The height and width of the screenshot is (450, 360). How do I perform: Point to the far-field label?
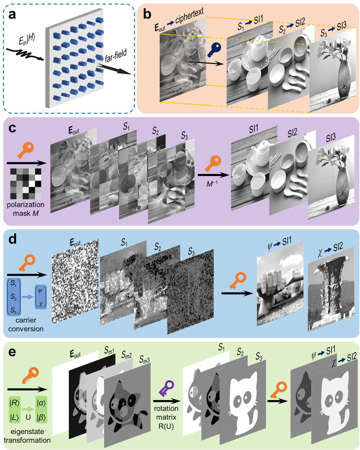pos(115,56)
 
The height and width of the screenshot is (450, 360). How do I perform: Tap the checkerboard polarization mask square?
pos(26,184)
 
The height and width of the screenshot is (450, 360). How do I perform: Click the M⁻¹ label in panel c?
pos(212,184)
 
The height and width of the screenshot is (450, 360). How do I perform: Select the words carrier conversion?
pos(26,324)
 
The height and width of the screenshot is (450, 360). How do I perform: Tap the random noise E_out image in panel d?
pos(75,281)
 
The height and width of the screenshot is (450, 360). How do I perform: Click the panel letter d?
pos(13,239)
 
